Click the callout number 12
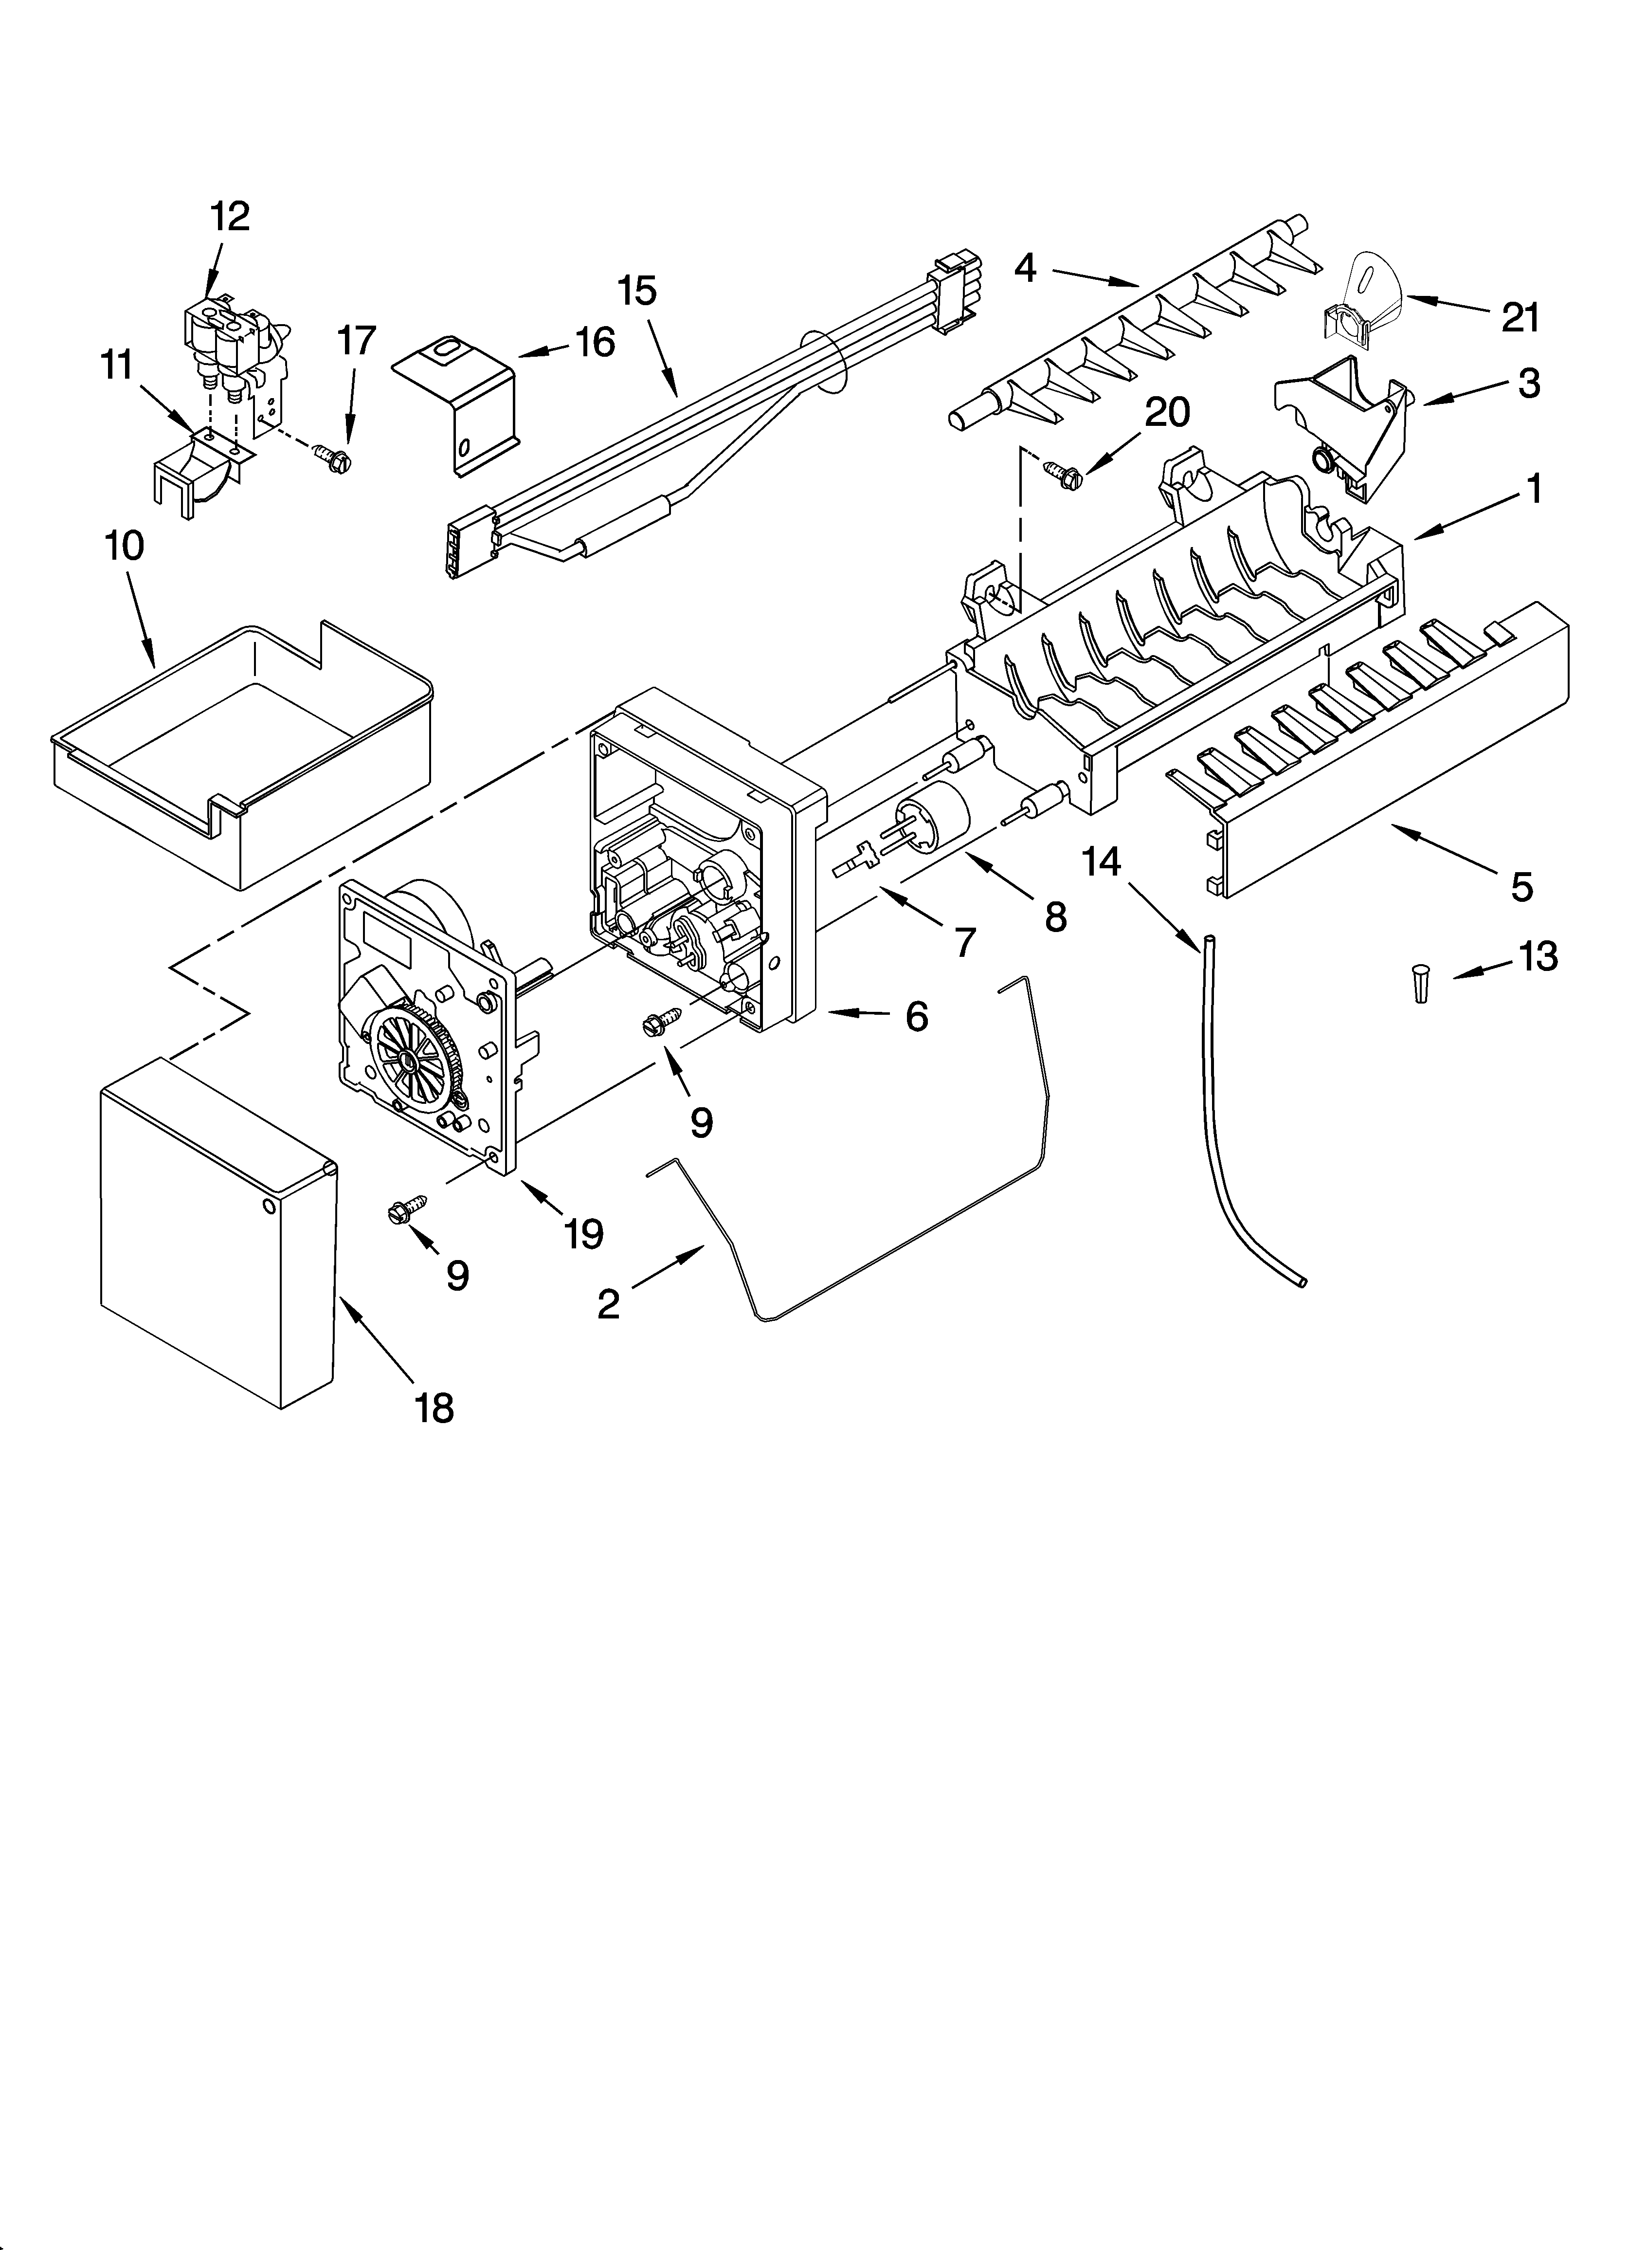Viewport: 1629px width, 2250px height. (x=230, y=216)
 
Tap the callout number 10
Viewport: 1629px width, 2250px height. (x=124, y=546)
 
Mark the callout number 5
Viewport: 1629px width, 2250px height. (x=1521, y=886)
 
